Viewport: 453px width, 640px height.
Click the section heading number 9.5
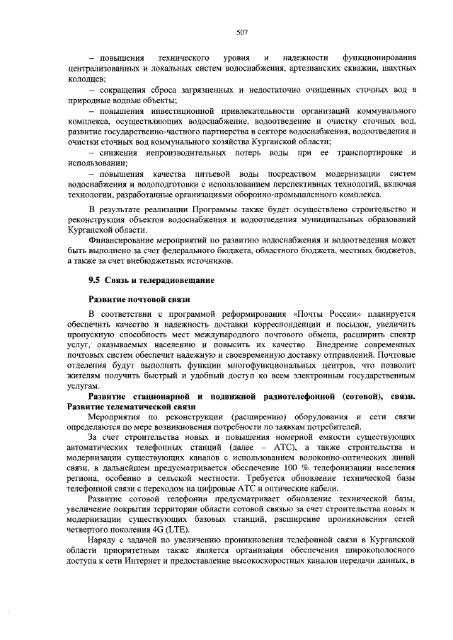pos(93,281)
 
